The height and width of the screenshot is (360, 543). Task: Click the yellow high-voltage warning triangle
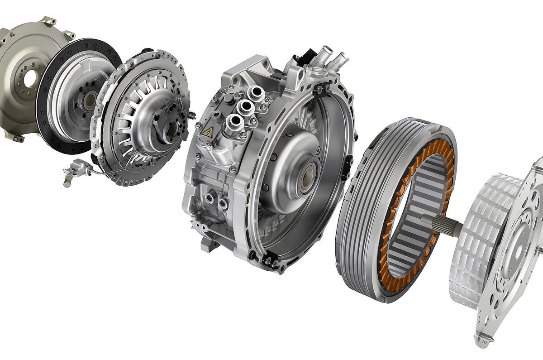[x=208, y=132]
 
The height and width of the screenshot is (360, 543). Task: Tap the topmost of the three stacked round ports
[x=256, y=93]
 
